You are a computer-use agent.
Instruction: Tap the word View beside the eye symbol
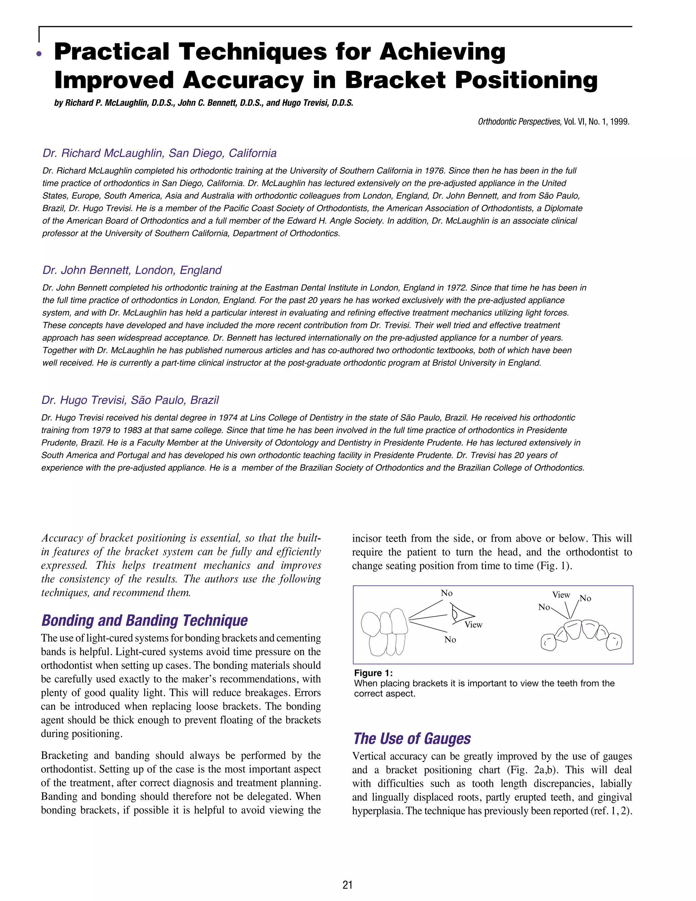pos(473,625)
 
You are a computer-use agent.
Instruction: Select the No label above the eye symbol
pos(447,593)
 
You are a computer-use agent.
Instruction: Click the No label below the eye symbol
pos(450,640)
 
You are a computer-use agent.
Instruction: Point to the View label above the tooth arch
pos(561,595)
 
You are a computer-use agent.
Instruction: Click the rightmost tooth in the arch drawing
pos(614,642)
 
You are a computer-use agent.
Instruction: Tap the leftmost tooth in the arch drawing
pos(548,642)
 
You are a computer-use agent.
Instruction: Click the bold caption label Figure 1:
pos(373,673)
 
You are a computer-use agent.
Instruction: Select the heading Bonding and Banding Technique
pos(144,620)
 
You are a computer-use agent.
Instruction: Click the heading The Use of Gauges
pos(412,738)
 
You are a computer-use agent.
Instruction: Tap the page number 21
pos(348,885)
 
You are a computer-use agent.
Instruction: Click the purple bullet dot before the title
pos(39,54)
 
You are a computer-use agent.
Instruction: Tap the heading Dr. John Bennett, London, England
pos(132,270)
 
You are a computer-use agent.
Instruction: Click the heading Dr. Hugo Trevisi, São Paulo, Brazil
pos(130,400)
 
